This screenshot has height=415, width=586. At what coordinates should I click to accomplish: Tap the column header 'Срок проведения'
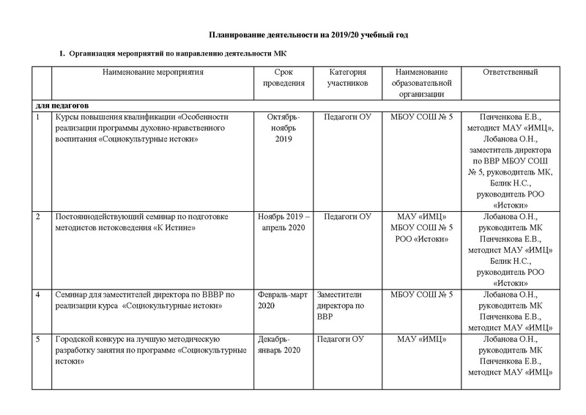283,78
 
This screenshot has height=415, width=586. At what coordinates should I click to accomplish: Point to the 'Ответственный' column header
511,73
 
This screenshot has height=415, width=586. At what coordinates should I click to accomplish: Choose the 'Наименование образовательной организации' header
421,83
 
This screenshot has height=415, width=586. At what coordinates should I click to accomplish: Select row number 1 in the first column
38,117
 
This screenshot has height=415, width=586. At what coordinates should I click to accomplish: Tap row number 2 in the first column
38,216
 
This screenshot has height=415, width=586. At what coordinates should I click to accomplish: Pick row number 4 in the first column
38,295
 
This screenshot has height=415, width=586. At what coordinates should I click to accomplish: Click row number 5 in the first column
38,339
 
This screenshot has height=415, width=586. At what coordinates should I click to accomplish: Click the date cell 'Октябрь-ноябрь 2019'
283,128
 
